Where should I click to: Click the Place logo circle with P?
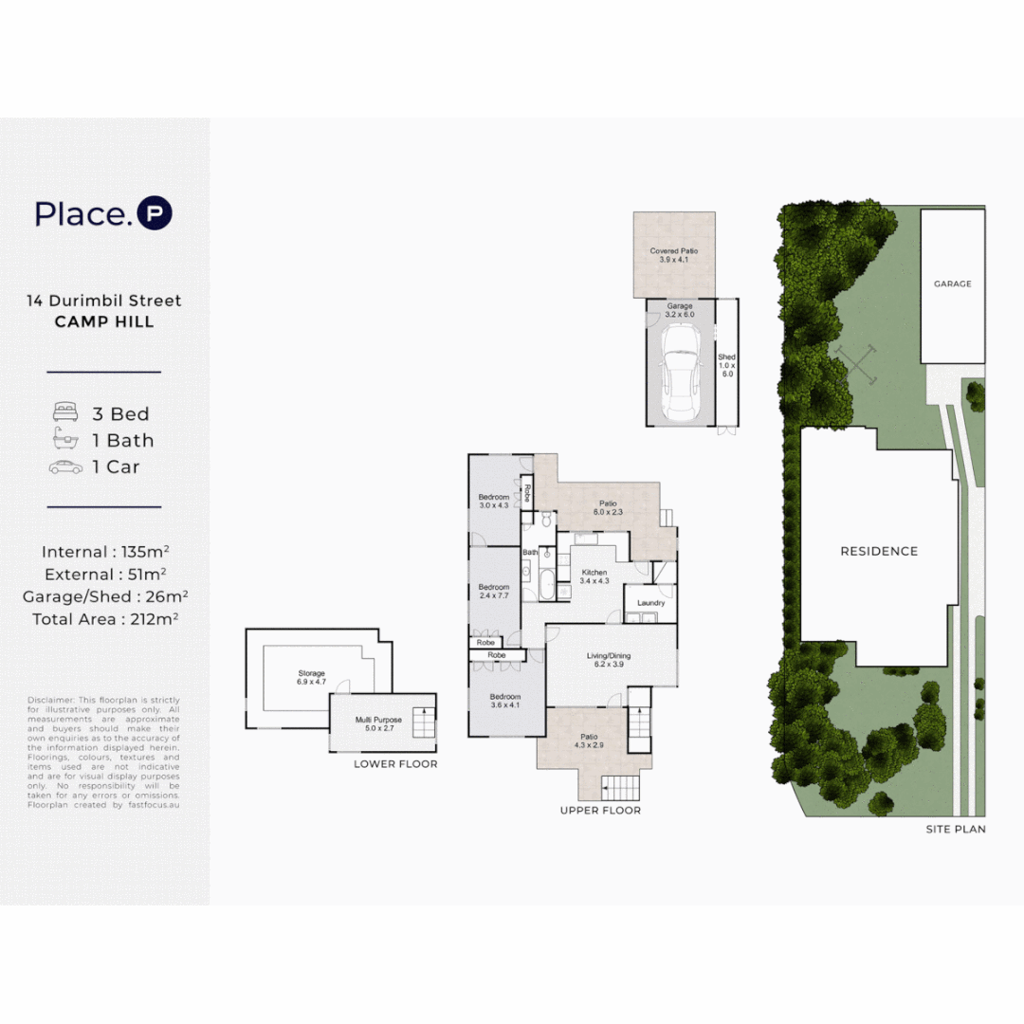155,213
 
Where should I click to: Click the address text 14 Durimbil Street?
104,301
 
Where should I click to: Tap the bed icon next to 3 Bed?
65,413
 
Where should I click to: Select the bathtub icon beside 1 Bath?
65,440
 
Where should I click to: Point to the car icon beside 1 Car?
65,466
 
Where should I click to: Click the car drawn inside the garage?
681,373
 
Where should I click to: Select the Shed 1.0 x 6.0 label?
726,365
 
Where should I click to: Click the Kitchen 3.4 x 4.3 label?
594,576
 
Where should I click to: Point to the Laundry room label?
650,603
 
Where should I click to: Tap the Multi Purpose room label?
378,724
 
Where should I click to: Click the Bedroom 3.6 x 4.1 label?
505,701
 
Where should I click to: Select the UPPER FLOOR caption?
600,811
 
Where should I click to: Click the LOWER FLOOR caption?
395,764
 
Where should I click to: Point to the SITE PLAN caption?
956,829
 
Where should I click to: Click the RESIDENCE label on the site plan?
879,551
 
